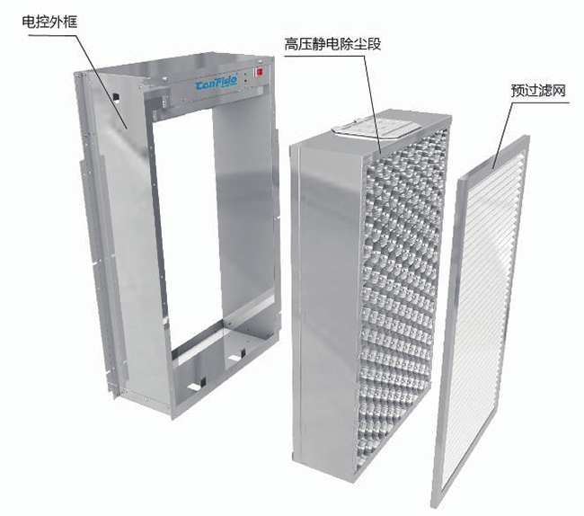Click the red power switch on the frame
259,72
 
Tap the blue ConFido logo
216,85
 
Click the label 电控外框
49,22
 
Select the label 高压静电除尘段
332,44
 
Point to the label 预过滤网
538,91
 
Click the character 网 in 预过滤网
559,91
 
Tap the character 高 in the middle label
291,44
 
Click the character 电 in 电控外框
29,22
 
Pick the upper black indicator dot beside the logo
246,74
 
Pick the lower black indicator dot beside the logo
246,81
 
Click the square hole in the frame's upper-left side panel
117,98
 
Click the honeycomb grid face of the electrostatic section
401,294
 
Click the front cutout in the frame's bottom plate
198,385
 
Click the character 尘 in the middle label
360,44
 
